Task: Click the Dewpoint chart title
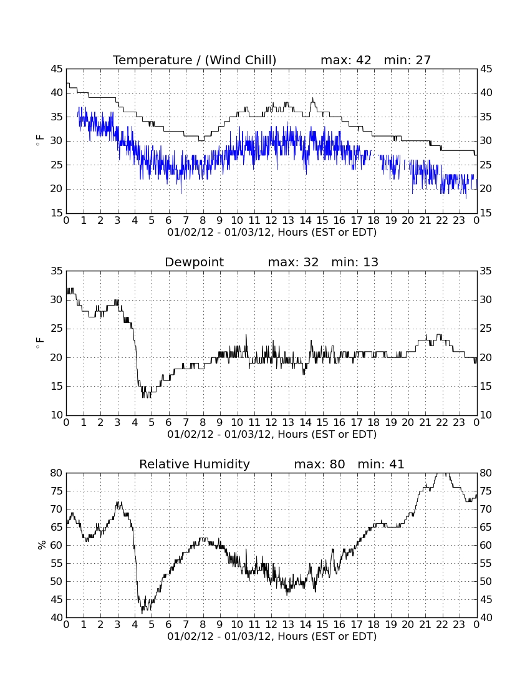(194, 262)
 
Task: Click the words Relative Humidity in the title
(194, 464)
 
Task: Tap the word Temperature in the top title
(152, 60)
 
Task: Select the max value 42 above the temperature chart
(364, 60)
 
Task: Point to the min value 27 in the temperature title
(423, 60)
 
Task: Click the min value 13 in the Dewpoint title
(370, 262)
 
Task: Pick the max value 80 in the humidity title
(337, 464)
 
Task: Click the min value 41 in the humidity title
(397, 464)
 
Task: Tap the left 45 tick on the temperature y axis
(57, 69)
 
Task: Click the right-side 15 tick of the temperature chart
(486, 213)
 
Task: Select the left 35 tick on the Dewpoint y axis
(57, 271)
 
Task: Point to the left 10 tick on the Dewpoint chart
(57, 415)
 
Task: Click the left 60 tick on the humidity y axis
(57, 545)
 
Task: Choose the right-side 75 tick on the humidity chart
(486, 491)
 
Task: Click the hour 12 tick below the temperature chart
(271, 221)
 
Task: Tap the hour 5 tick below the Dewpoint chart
(152, 423)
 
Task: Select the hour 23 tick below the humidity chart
(459, 625)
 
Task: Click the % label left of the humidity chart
(42, 545)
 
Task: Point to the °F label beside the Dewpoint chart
(40, 343)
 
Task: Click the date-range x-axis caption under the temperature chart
(272, 233)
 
